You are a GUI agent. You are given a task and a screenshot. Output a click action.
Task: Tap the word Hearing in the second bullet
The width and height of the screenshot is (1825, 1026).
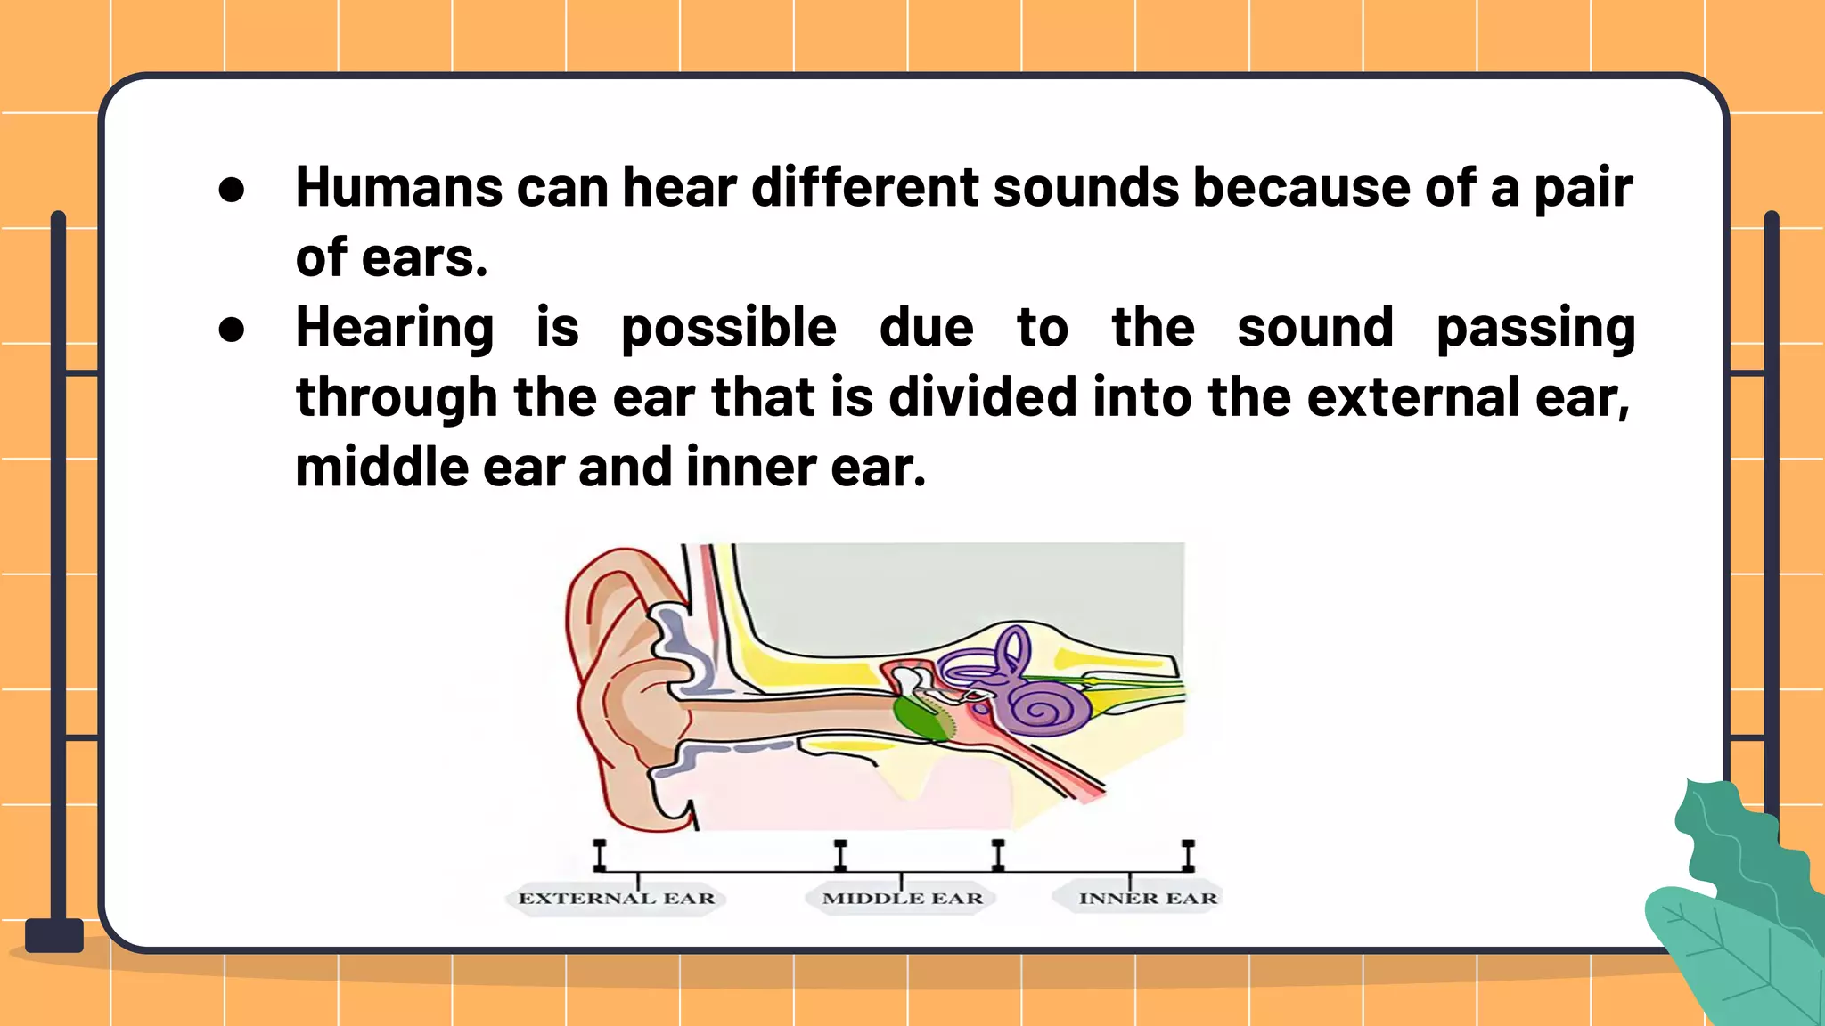[394, 328]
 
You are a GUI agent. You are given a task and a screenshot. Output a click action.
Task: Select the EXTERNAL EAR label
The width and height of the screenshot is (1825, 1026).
[617, 898]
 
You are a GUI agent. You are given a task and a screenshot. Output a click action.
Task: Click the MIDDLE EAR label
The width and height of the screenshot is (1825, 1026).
[903, 898]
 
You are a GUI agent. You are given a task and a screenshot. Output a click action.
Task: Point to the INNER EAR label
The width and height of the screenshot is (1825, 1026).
[1148, 898]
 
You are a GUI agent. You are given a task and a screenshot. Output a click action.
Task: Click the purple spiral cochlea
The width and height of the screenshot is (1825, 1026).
[1057, 709]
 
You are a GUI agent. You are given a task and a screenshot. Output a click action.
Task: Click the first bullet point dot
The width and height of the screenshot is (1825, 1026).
[231, 189]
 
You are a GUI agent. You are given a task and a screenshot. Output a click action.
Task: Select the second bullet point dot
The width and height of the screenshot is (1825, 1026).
[231, 330]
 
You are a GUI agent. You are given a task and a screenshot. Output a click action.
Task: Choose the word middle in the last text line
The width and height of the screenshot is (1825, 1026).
[382, 468]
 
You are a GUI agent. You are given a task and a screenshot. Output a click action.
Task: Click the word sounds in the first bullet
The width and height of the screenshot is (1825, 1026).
[1086, 188]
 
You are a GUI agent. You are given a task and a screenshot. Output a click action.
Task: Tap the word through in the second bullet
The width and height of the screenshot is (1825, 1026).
[397, 398]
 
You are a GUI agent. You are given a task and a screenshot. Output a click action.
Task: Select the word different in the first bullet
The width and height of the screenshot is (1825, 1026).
[865, 188]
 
